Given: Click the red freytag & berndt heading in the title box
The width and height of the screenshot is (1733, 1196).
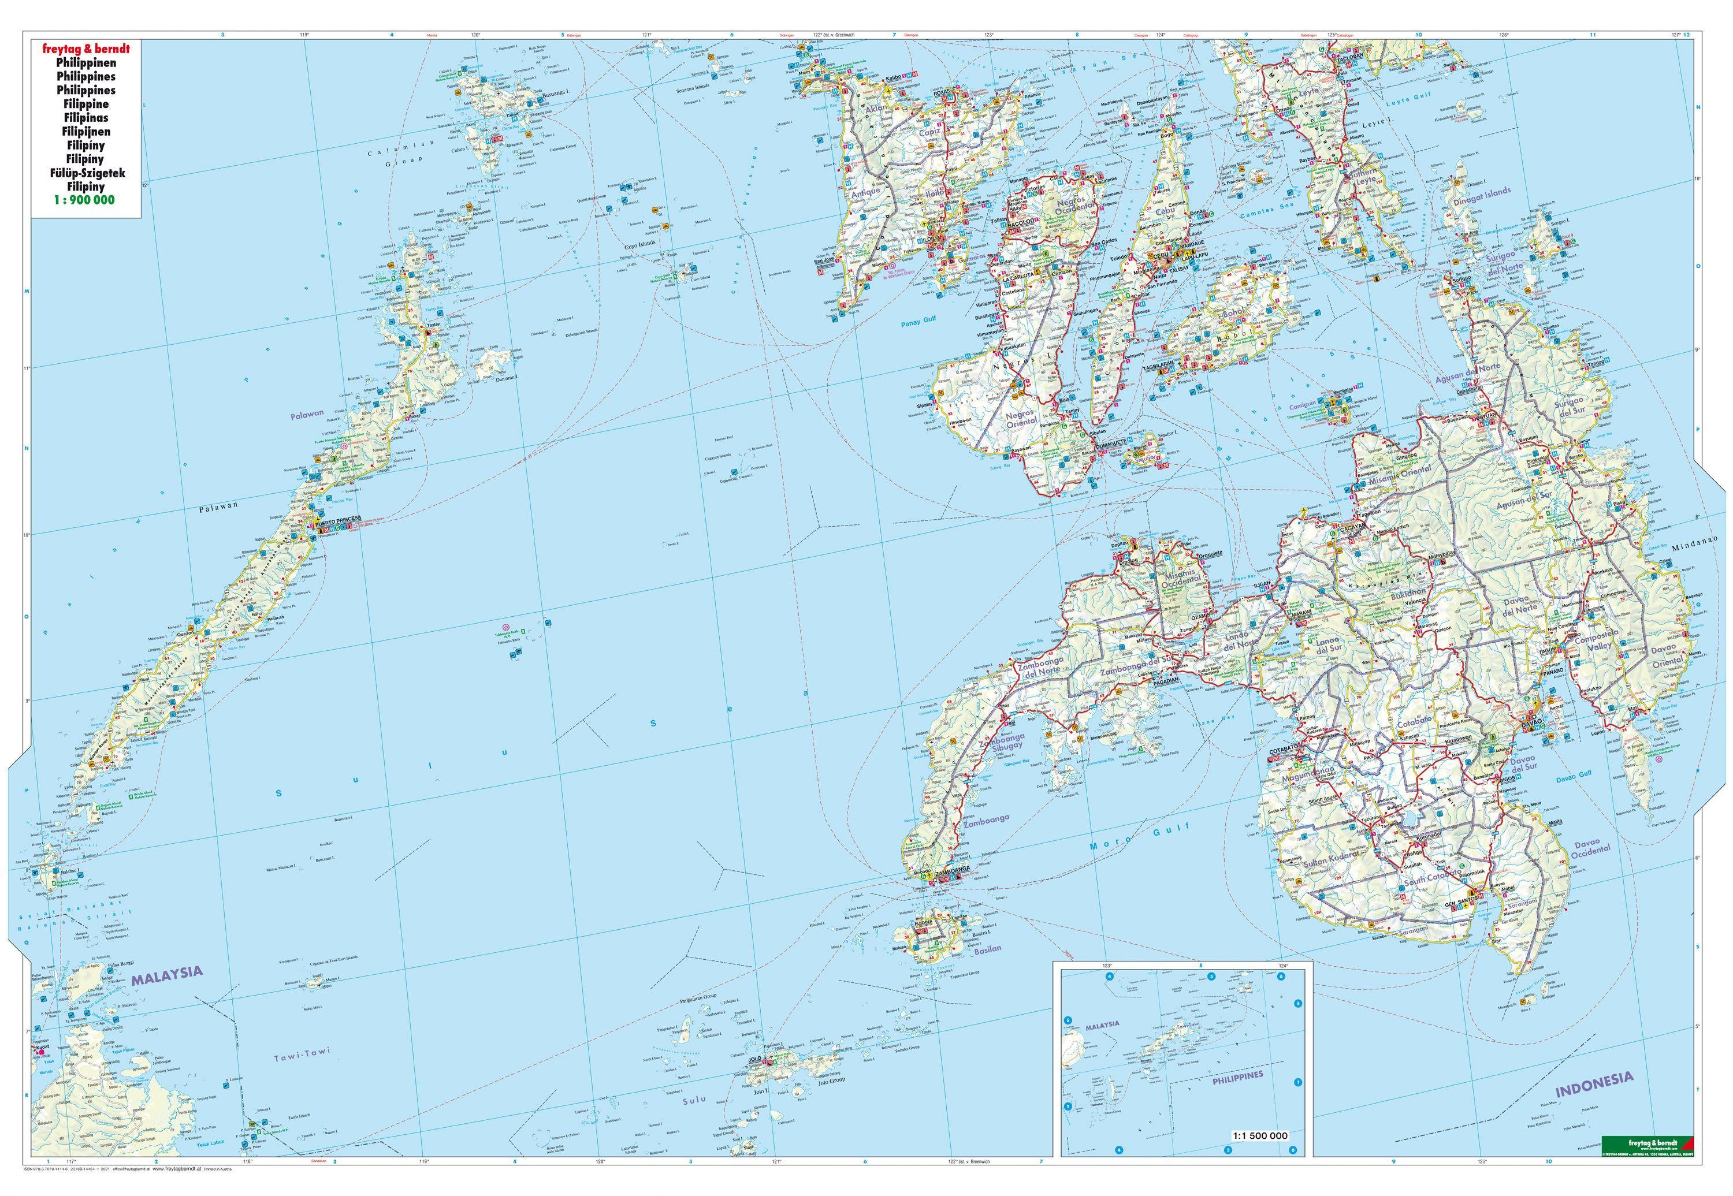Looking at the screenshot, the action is tap(86, 48).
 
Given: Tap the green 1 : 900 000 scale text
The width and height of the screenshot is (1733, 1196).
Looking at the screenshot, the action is tap(86, 200).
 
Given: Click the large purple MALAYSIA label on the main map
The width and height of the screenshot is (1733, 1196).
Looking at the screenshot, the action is tap(167, 972).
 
